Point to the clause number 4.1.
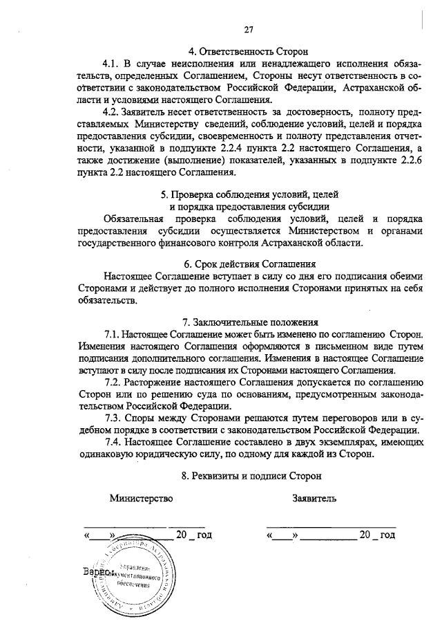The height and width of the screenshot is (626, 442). pyautogui.click(x=112, y=64)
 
